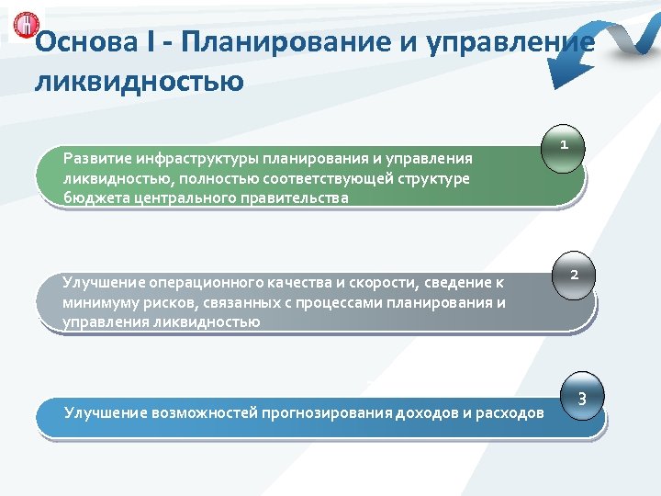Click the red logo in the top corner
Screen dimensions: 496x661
(x=19, y=25)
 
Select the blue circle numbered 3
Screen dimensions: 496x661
(x=582, y=399)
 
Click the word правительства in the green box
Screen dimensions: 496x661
(x=298, y=197)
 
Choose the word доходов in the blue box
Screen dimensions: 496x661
(x=428, y=413)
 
